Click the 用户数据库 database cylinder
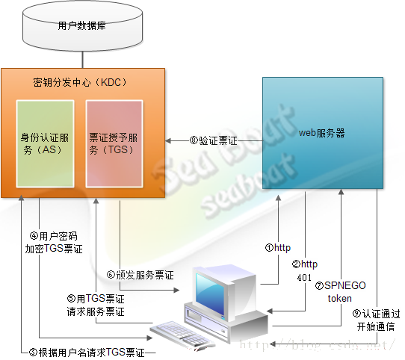click(x=83, y=26)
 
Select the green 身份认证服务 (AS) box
click(x=45, y=143)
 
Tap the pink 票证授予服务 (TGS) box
click(x=114, y=143)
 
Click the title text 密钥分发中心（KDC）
click(x=81, y=82)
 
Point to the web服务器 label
click(x=322, y=133)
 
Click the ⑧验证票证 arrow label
click(x=214, y=140)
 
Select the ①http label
click(x=278, y=248)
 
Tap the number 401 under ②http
click(x=304, y=278)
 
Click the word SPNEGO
click(x=345, y=285)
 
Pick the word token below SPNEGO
click(x=340, y=299)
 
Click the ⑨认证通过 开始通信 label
click(x=376, y=320)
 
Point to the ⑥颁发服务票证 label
click(x=140, y=275)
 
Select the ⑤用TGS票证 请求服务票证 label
click(x=96, y=305)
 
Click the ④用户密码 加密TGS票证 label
click(x=54, y=243)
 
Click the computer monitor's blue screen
click(x=210, y=294)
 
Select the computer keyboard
click(x=182, y=335)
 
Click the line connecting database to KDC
click(x=83, y=60)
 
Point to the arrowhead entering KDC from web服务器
click(x=168, y=141)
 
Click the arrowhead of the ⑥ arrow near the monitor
click(x=176, y=291)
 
